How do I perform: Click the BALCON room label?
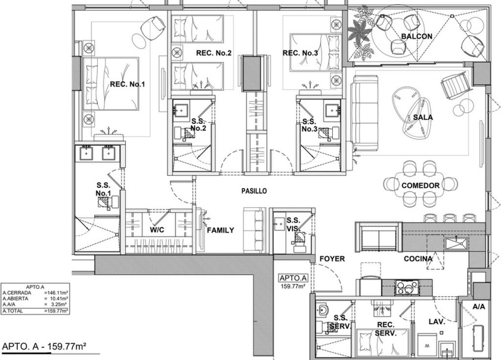(417, 36)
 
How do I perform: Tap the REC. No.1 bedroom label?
(127, 84)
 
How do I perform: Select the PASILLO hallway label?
(254, 191)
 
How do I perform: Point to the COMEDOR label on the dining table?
(420, 185)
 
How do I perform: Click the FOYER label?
(332, 259)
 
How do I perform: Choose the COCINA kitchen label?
(418, 259)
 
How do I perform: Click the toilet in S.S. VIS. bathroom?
(299, 238)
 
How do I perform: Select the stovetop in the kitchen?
(407, 287)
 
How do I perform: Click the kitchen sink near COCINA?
(456, 244)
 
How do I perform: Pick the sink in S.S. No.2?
(181, 110)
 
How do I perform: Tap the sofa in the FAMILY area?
(255, 229)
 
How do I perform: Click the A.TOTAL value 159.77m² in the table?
(57, 311)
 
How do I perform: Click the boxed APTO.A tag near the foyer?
(293, 278)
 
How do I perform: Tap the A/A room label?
(478, 307)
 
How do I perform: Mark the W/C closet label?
(157, 229)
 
